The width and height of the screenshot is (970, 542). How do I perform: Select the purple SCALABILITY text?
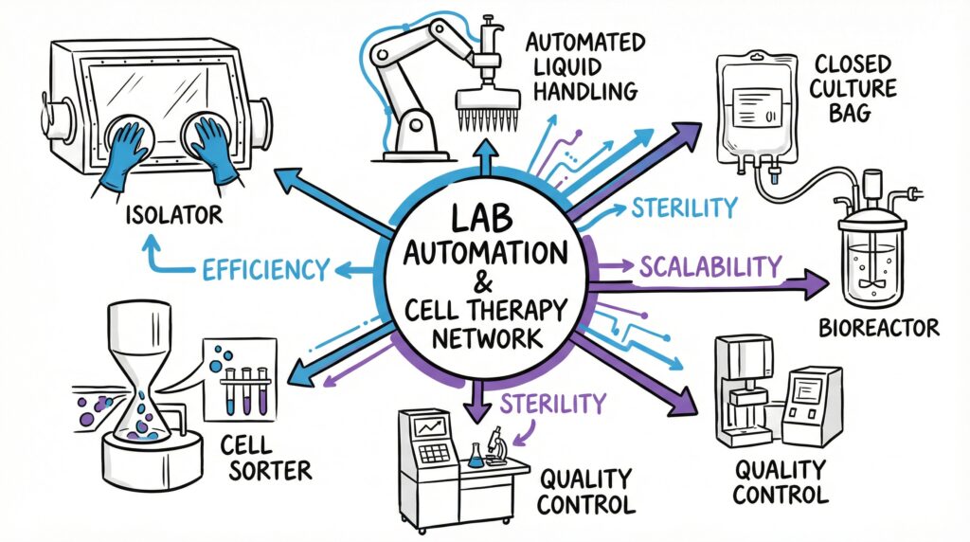(x=711, y=267)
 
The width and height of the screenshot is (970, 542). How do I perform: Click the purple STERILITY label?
(x=551, y=403)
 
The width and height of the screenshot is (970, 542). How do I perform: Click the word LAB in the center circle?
(x=486, y=221)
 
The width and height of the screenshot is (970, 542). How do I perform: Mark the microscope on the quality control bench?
(x=495, y=443)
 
